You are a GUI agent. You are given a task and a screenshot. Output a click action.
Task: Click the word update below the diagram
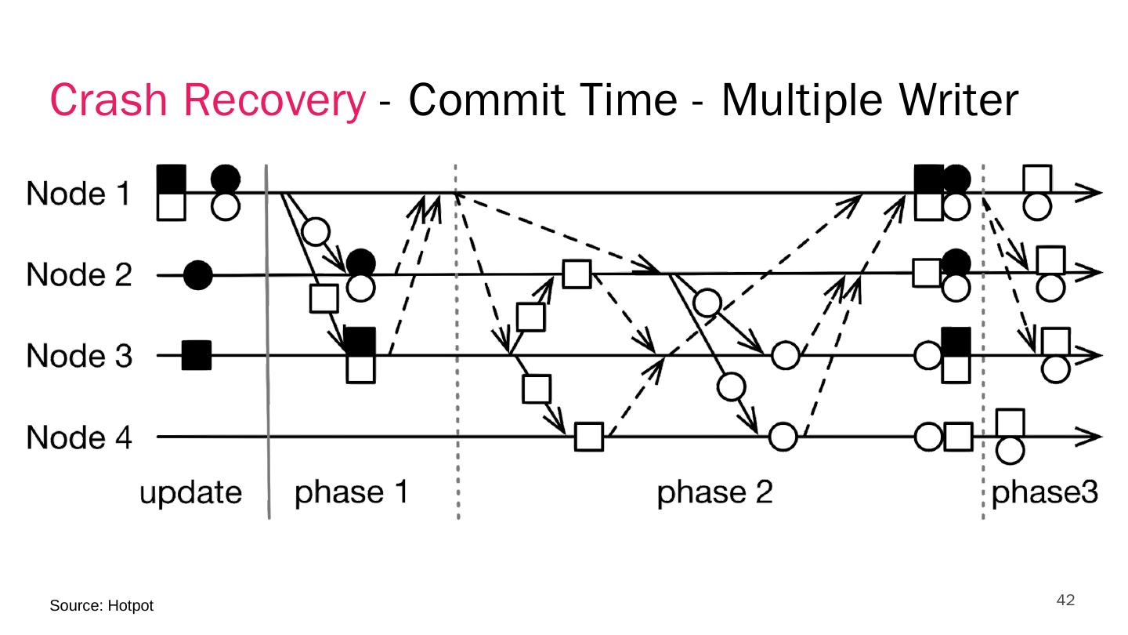tap(191, 495)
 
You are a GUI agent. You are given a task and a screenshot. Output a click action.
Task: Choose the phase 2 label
tap(714, 495)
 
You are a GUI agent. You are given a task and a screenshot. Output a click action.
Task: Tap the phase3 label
tap(1045, 495)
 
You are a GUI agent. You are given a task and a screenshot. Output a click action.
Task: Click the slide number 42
tap(1065, 601)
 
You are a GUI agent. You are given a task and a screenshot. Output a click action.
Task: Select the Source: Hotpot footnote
tap(102, 606)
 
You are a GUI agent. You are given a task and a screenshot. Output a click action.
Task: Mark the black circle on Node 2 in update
tap(198, 276)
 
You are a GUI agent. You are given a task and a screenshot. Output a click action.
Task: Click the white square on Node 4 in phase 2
tap(589, 437)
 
